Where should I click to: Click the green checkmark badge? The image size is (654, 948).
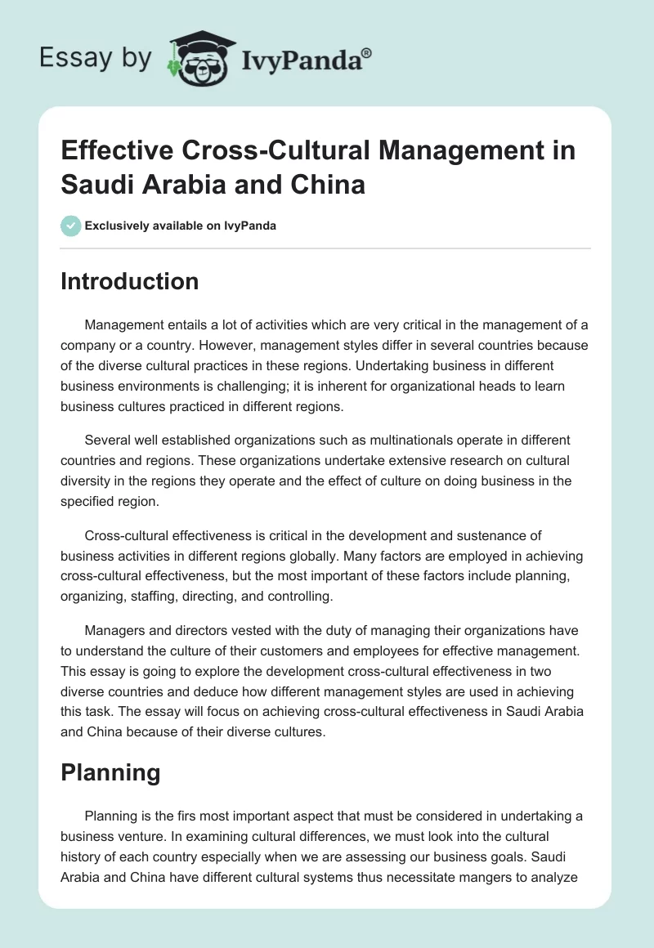pos(71,226)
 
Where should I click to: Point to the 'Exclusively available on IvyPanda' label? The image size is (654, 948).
pos(181,226)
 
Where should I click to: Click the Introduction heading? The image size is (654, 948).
pos(130,281)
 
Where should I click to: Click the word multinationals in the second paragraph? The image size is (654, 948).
pos(389,440)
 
